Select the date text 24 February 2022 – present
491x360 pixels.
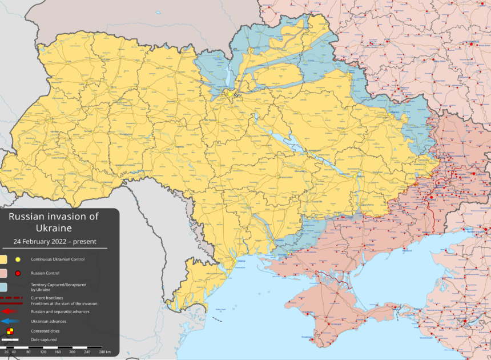pos(54,241)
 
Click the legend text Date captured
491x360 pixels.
pos(43,340)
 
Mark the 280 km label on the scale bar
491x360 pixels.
pos(104,352)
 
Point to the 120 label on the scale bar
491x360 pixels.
pos(57,352)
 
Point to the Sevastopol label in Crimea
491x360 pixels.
pos(308,338)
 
